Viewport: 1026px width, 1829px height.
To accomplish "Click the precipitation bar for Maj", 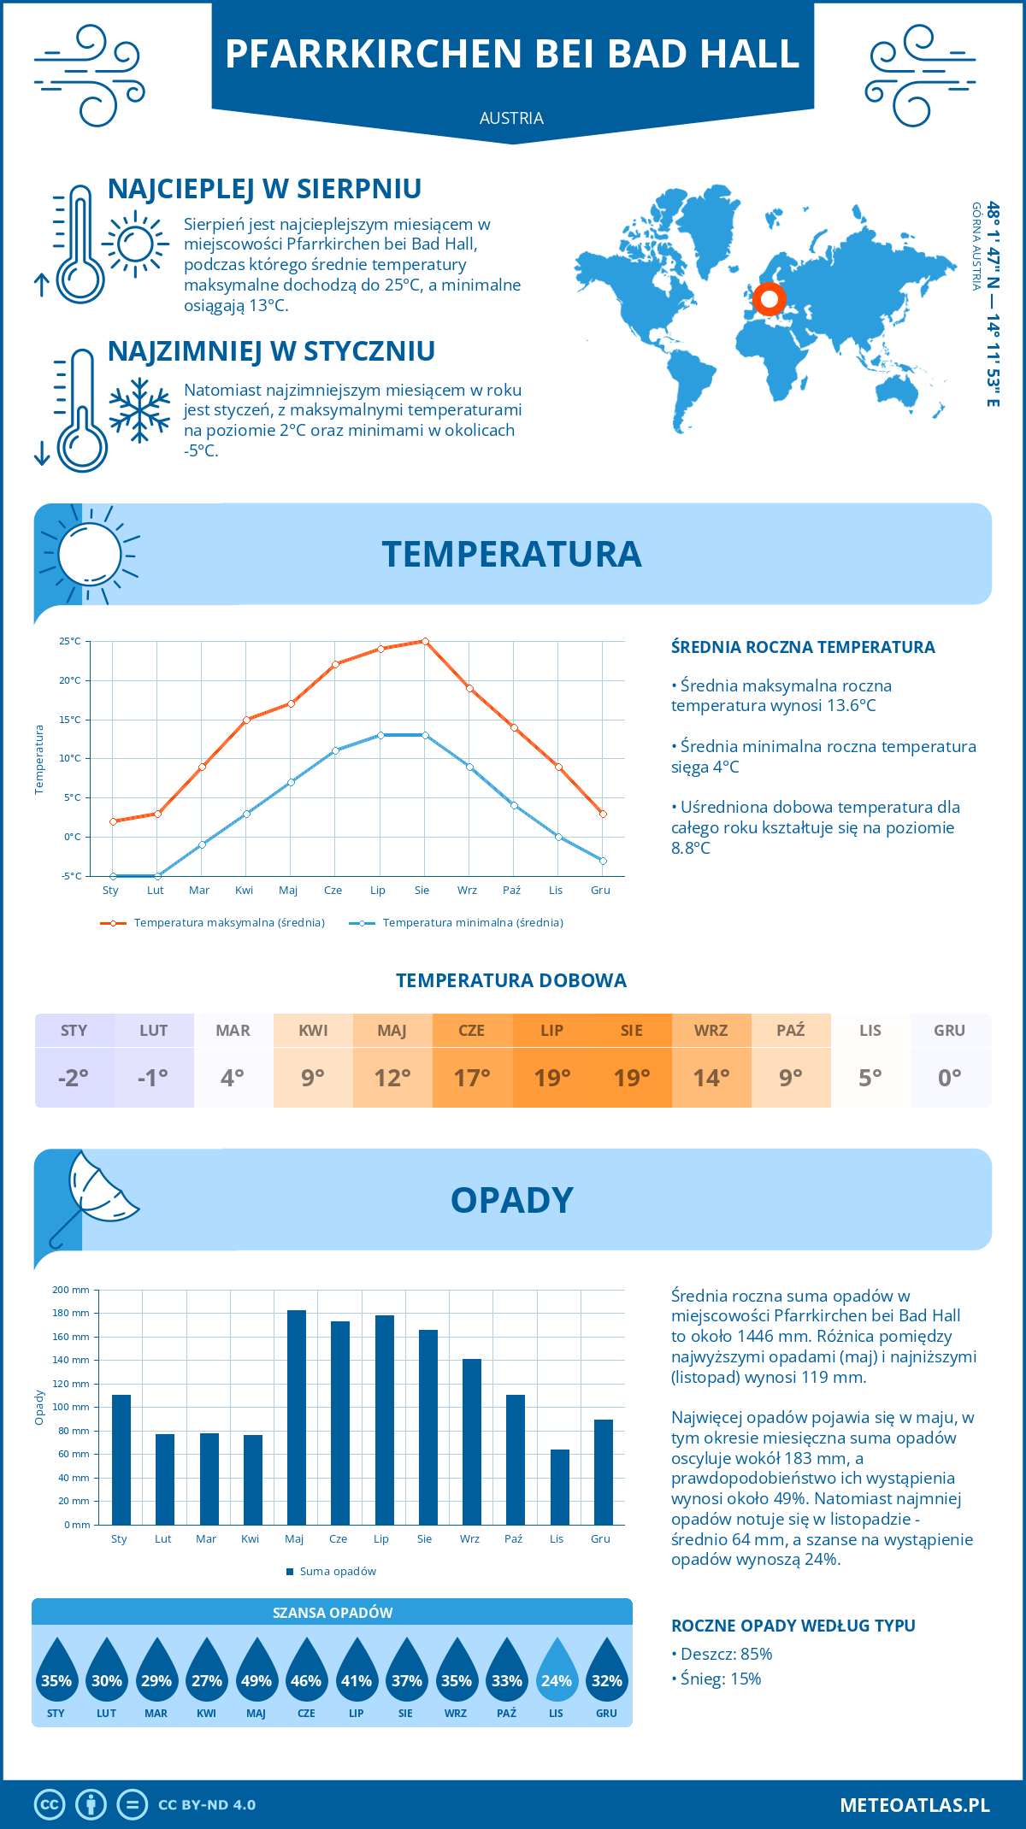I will pyautogui.click(x=296, y=1418).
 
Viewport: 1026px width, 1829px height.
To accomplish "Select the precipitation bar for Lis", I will pyautogui.click(x=559, y=1487).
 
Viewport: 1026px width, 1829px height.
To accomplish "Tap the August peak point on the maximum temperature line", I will pyautogui.click(x=425, y=641).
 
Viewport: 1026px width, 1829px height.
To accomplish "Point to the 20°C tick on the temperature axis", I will pyautogui.click(x=70, y=680).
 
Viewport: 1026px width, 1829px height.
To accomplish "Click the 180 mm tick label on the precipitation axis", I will pyautogui.click(x=70, y=1313).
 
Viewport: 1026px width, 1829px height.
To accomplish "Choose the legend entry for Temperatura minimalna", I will pyautogui.click(x=457, y=923).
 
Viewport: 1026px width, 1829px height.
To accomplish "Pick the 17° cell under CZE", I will pyautogui.click(x=472, y=1078).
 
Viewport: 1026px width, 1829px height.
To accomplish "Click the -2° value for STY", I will pyautogui.click(x=74, y=1078).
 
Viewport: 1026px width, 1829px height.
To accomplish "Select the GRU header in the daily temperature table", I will pyautogui.click(x=949, y=1031).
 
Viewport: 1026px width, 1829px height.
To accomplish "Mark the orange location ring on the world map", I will pyautogui.click(x=769, y=299).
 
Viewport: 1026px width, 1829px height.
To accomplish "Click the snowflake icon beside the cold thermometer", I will pyautogui.click(x=139, y=411).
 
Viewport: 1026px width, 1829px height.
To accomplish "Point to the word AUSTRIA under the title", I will pyautogui.click(x=511, y=118).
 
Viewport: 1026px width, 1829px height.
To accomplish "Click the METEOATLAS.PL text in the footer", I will pyautogui.click(x=914, y=1805).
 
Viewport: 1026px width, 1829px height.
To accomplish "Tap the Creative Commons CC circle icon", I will pyautogui.click(x=50, y=1805).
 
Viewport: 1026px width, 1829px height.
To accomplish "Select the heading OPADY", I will pyautogui.click(x=511, y=1200).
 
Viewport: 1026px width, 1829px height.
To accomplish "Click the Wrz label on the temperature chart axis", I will pyautogui.click(x=467, y=891).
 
